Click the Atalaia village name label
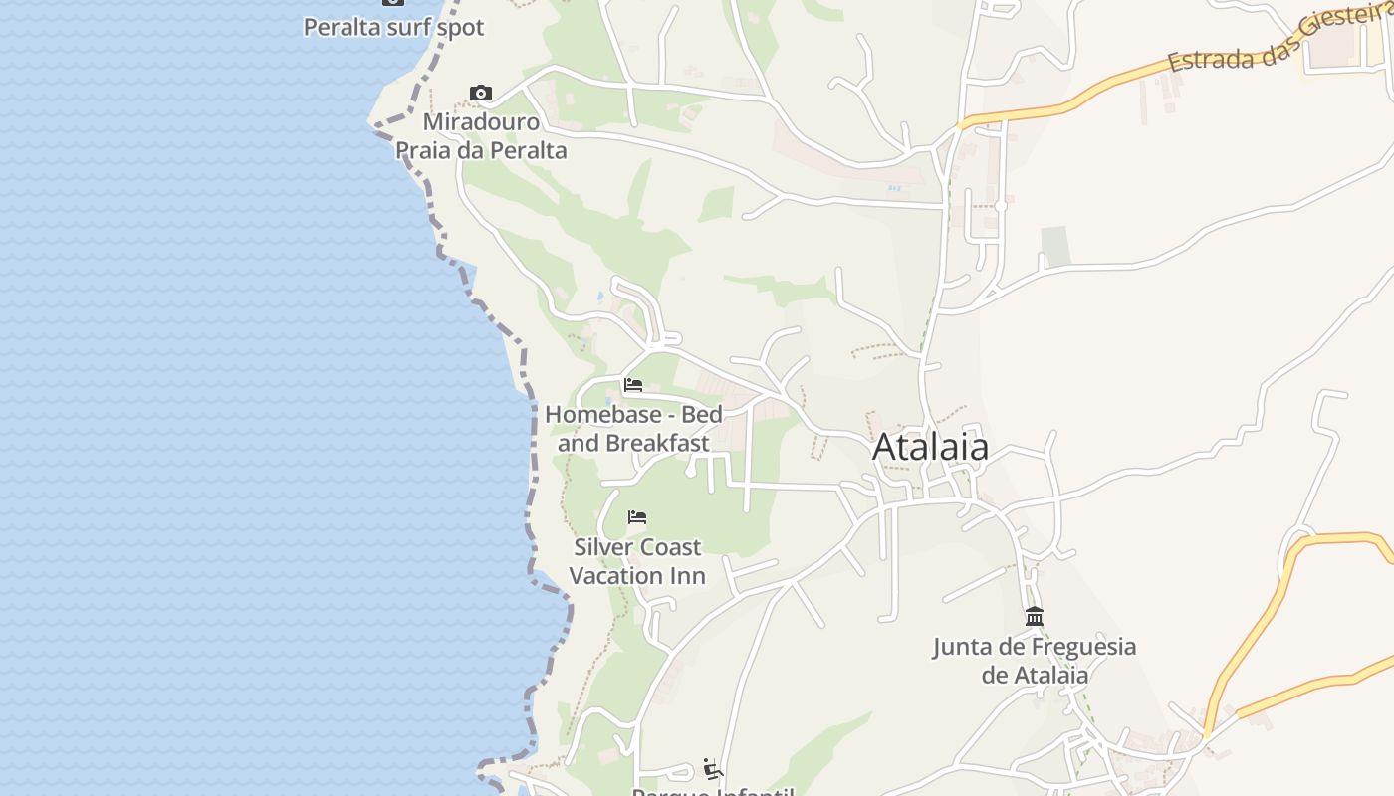coord(930,448)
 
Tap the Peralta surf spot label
coord(393,27)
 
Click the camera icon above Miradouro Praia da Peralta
coord(481,94)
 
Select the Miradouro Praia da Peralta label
coord(481,136)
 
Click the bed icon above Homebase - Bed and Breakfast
coord(633,385)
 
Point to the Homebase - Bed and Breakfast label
coord(633,428)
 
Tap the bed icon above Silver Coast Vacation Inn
coord(637,517)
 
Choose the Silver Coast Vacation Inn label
coord(637,561)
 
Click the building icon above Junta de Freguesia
coord(1035,617)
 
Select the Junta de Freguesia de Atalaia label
coord(1035,660)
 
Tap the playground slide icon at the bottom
coord(712,768)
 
